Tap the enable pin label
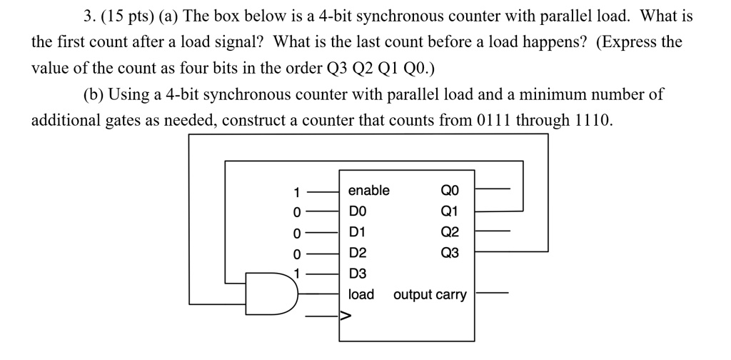(368, 191)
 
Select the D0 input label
(356, 211)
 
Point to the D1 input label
(356, 232)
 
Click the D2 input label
(357, 253)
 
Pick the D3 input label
(357, 274)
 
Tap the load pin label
(361, 294)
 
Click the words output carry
(430, 294)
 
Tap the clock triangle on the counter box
(344, 315)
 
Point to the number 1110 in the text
(592, 119)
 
